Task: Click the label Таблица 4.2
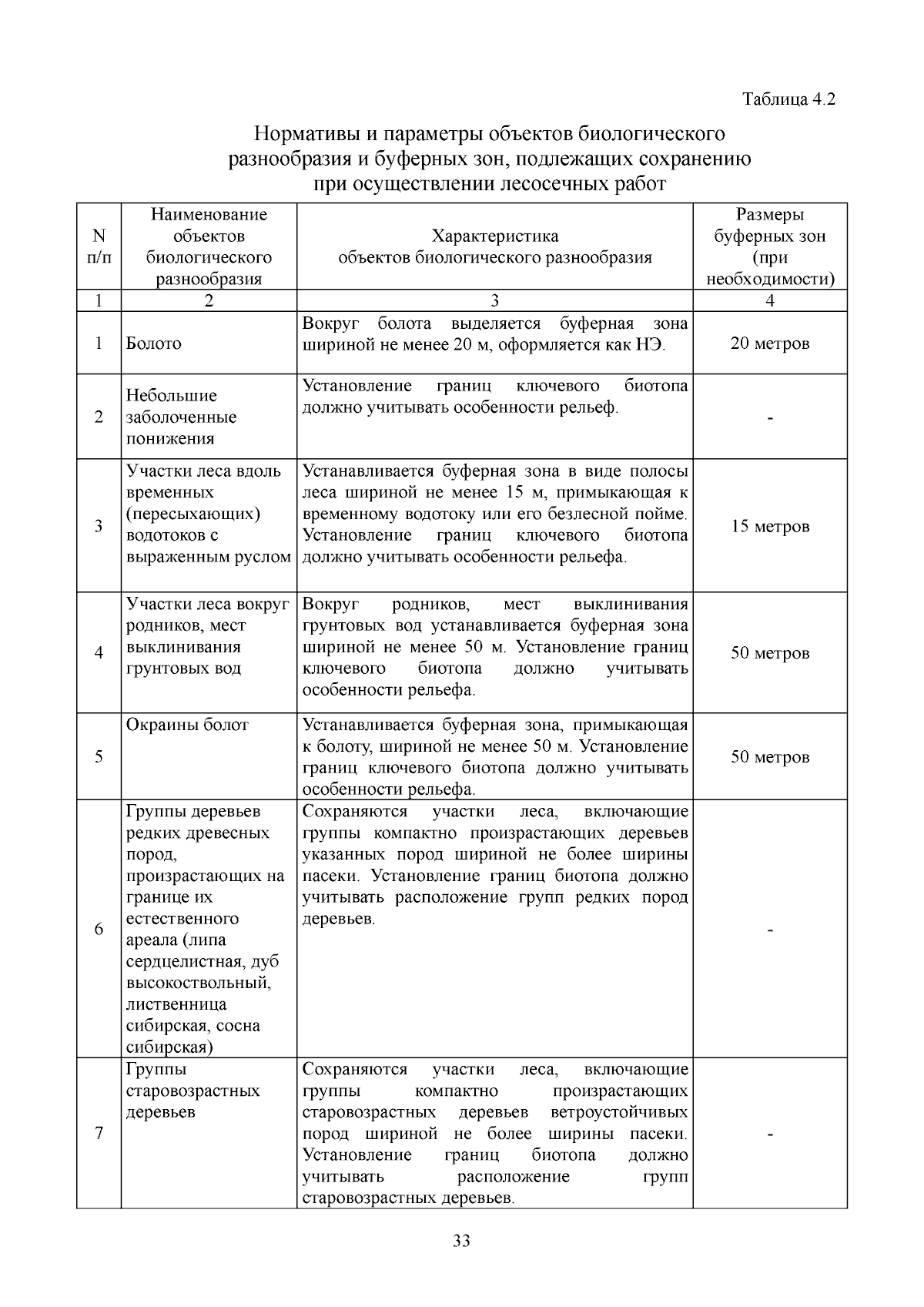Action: point(788,99)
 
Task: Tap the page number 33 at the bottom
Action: point(462,1241)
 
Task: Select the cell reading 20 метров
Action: point(769,344)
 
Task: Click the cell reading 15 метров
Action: point(769,527)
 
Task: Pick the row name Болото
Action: point(154,344)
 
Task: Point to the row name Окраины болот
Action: point(187,725)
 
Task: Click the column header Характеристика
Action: point(494,236)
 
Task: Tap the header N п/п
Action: point(99,246)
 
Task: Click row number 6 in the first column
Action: point(99,929)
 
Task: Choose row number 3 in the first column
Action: point(99,527)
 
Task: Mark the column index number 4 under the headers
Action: point(769,301)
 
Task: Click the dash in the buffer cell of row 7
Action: point(769,1134)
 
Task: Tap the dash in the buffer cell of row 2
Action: point(769,418)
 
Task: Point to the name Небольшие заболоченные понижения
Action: point(182,417)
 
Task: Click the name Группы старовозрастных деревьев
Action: point(192,1091)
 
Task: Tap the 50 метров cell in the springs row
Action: point(769,653)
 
